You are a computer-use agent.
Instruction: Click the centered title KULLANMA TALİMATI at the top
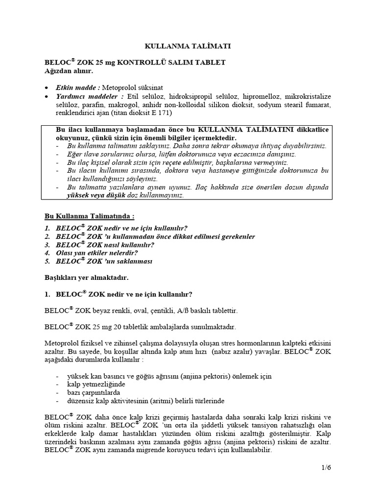coord(188,46)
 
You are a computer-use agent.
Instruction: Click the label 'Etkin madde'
coord(78,88)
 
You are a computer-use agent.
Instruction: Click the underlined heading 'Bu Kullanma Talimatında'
coord(88,216)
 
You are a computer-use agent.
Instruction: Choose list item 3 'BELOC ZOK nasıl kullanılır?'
coord(106,245)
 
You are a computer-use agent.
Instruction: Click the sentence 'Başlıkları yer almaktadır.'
coord(86,277)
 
